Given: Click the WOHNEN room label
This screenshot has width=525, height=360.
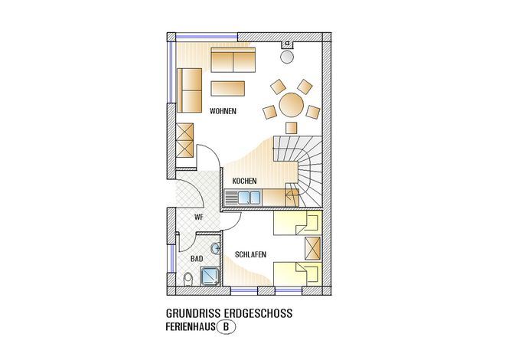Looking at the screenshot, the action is pyautogui.click(x=223, y=111).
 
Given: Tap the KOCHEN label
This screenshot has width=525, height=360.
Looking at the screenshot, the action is pyautogui.click(x=244, y=181).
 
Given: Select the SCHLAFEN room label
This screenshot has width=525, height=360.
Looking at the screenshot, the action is pyautogui.click(x=250, y=255).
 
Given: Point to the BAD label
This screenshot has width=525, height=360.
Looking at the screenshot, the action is pyautogui.click(x=197, y=259).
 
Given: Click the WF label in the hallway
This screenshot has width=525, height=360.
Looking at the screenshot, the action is pyautogui.click(x=199, y=218).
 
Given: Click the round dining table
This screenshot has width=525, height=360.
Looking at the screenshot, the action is pyautogui.click(x=292, y=105).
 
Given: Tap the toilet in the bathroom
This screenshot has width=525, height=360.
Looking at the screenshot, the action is pyautogui.click(x=188, y=279).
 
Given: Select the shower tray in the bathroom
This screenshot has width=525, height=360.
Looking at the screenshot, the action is pyautogui.click(x=210, y=277).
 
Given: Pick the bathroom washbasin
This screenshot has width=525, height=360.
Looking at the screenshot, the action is pyautogui.click(x=215, y=248).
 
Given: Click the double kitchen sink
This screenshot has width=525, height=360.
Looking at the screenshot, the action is pyautogui.click(x=249, y=198).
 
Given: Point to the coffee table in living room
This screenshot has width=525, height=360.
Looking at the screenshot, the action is pyautogui.click(x=228, y=89).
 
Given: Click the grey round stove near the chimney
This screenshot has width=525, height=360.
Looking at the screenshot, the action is pyautogui.click(x=286, y=57).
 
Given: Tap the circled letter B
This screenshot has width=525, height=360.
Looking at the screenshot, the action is pyautogui.click(x=226, y=326).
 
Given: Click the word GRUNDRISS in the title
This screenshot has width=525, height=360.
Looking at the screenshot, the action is pyautogui.click(x=193, y=313).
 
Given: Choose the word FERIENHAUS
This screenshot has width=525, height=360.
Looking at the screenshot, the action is pyautogui.click(x=191, y=326).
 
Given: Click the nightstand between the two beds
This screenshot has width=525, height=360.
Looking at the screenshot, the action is pyautogui.click(x=313, y=248).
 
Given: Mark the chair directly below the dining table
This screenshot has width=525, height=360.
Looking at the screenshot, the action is pyautogui.click(x=292, y=128).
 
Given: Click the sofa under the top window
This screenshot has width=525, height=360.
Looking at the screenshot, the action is pyautogui.click(x=233, y=59).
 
